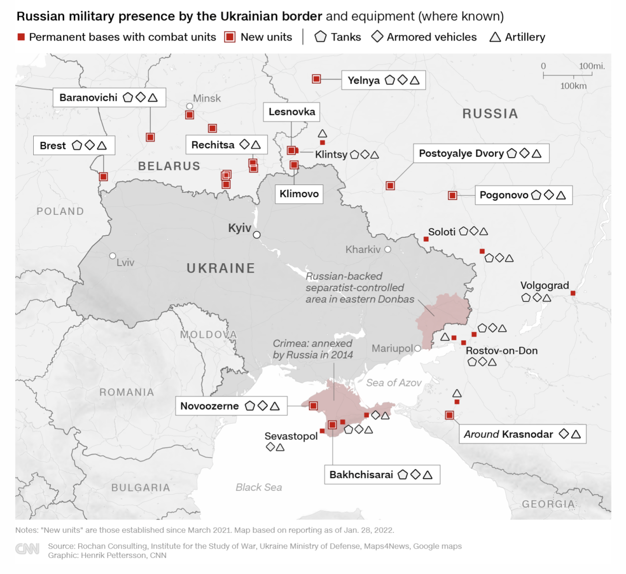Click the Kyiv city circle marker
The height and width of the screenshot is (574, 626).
pos(257,235)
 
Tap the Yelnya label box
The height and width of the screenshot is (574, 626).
pos(383,80)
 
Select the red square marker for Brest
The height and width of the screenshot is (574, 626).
pos(103,177)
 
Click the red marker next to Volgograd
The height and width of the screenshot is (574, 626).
pos(573,293)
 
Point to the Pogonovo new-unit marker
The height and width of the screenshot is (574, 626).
pos(452,196)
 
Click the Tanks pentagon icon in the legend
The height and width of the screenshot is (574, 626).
pos(320,37)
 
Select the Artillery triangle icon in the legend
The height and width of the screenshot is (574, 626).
pos(495,37)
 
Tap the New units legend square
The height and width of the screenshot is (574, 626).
pos(230,37)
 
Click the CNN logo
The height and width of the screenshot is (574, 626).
pos(27,549)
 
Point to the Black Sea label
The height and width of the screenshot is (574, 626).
pos(259,487)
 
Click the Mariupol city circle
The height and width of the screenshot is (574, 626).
pos(418,348)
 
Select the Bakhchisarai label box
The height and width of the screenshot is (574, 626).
pos(382,475)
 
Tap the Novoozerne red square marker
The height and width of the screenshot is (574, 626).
pos(313,406)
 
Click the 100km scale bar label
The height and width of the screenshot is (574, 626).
pos(573,86)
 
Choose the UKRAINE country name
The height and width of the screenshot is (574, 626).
pos(221,268)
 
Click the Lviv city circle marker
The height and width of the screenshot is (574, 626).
pos(112,256)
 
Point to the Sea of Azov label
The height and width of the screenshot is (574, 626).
pos(394,383)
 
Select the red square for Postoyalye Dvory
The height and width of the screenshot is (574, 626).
pos(390,185)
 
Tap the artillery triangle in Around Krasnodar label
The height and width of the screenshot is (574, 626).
pos(576,434)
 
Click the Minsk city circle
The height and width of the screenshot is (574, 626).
pos(190,106)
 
